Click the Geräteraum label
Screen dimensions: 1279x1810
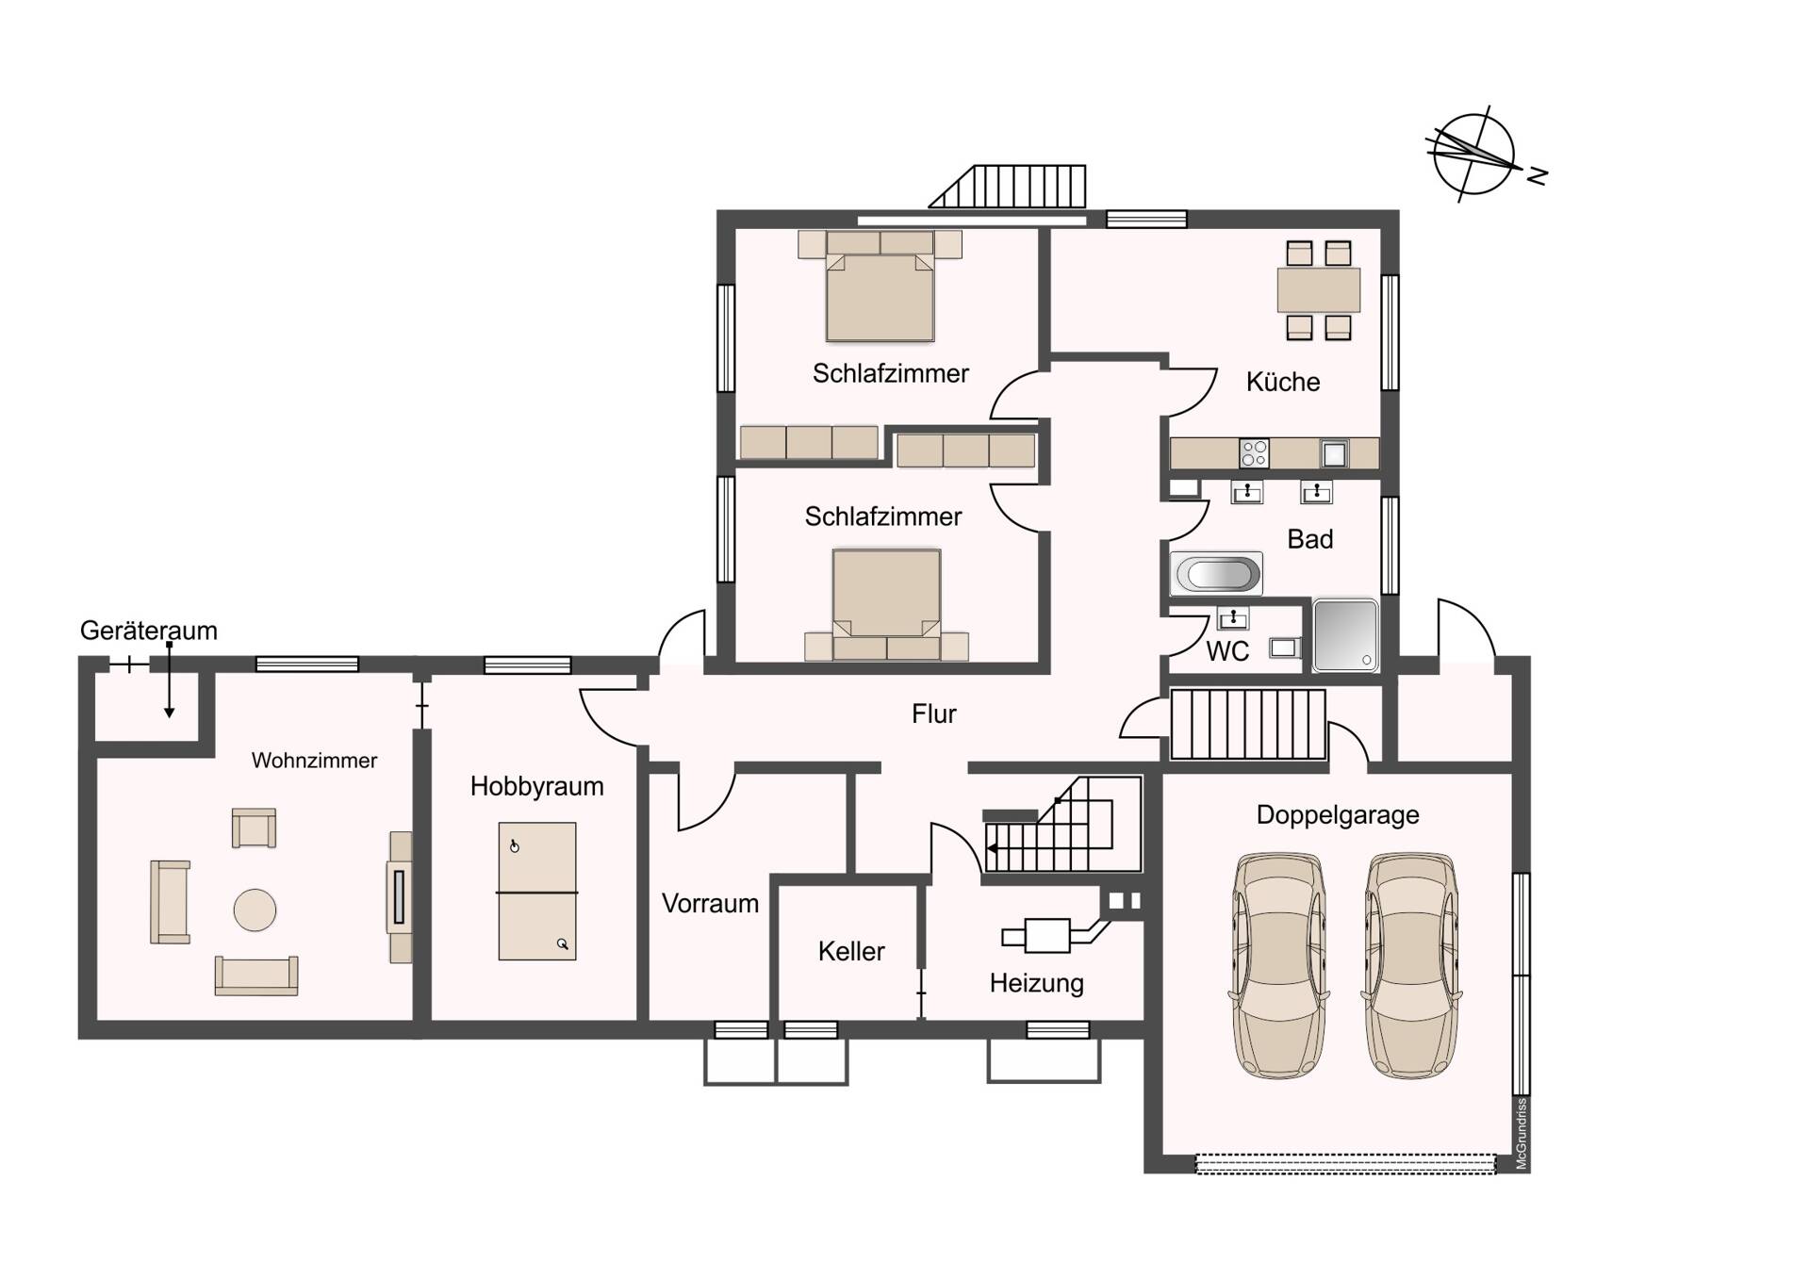(148, 631)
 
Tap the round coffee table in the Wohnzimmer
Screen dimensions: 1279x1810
(255, 910)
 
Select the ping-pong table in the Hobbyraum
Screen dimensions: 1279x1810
(536, 891)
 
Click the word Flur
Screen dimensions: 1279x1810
(933, 714)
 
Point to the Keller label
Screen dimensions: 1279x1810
(850, 951)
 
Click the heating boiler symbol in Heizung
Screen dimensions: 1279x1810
(1046, 936)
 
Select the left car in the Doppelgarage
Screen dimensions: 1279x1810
(1278, 965)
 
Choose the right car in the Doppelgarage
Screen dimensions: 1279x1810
(1410, 965)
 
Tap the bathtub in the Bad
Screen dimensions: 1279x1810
(1215, 573)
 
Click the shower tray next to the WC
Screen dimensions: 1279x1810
(1345, 634)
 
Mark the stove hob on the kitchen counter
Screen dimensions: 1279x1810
(1254, 453)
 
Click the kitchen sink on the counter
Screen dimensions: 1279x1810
(1333, 454)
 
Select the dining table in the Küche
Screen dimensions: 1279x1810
(1318, 289)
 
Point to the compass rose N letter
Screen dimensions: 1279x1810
(1538, 176)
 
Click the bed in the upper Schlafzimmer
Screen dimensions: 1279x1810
(880, 292)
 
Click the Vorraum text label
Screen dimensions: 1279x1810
(709, 903)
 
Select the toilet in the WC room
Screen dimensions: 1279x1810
(1284, 648)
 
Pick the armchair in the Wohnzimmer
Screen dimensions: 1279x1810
(254, 828)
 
